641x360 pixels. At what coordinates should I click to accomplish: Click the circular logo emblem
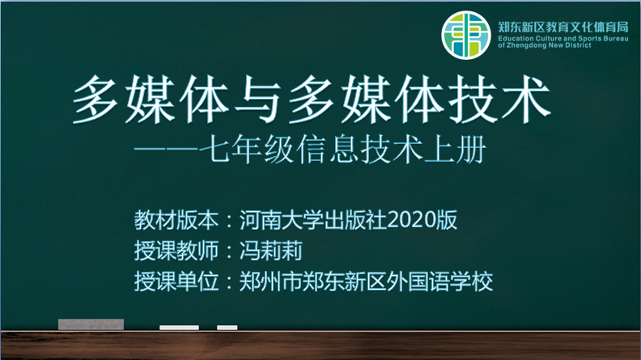[x=465, y=35]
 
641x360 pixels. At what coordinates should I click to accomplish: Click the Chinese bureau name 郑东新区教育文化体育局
[x=563, y=28]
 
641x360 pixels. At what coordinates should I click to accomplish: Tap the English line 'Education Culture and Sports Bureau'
[x=563, y=39]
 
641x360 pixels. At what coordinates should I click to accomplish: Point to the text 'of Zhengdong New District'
[x=545, y=45]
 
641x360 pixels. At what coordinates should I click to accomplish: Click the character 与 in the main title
[x=259, y=100]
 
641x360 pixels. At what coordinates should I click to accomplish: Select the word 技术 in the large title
[x=499, y=100]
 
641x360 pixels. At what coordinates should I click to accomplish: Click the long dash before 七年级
[x=167, y=149]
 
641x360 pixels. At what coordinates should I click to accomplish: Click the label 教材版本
[x=176, y=220]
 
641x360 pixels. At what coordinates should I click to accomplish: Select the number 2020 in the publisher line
[x=411, y=220]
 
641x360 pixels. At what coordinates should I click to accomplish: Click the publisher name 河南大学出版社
[x=313, y=220]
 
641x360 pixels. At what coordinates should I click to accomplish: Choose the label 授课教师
[x=176, y=251]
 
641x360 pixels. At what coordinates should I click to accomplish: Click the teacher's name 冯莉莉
[x=271, y=251]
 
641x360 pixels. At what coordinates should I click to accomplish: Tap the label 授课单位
[x=176, y=282]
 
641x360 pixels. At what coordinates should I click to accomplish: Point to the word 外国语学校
[x=439, y=282]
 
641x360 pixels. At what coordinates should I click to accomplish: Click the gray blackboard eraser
[x=91, y=324]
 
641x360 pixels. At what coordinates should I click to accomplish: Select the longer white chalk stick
[x=179, y=328]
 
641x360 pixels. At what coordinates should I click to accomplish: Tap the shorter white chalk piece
[x=227, y=328]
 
